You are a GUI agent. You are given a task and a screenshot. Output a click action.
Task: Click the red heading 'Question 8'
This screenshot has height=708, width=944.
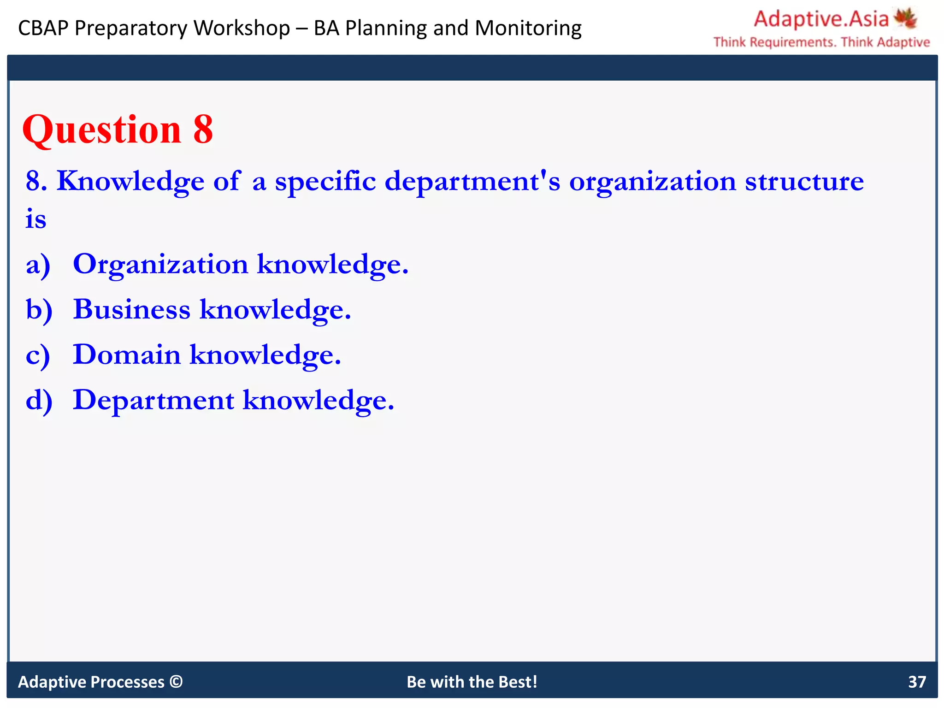pos(118,130)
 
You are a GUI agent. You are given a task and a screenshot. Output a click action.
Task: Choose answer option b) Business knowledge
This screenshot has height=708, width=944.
pos(212,309)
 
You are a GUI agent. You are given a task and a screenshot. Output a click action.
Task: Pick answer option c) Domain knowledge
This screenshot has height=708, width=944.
pos(207,354)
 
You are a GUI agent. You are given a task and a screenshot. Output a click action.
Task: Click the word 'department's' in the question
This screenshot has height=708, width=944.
pos(472,181)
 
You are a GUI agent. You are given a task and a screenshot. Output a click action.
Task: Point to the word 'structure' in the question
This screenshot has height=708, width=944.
pos(804,181)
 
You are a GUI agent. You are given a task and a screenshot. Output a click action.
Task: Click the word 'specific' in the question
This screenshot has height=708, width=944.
pos(325,181)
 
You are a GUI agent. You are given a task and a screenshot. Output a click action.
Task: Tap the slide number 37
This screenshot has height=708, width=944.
pos(917,682)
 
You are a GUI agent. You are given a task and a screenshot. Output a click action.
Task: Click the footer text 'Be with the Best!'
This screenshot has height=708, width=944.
pos(472,682)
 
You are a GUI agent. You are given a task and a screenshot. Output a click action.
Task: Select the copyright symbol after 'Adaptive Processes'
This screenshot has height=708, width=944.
pos(176,681)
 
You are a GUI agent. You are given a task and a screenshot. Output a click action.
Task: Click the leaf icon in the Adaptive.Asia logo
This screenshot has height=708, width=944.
pos(905,18)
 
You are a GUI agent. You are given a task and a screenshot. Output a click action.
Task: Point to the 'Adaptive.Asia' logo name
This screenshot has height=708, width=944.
pos(821,19)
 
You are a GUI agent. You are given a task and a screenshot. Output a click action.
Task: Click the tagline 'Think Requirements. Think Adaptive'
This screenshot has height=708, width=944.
pos(821,42)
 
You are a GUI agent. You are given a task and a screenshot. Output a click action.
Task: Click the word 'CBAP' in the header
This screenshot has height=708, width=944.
pos(43,28)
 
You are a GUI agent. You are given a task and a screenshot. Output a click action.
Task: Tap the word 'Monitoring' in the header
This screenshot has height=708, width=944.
pos(528,28)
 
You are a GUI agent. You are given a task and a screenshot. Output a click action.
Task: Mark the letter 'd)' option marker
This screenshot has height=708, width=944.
pos(39,400)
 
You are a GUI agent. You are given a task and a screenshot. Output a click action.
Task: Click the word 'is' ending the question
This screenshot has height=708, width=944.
pos(35,219)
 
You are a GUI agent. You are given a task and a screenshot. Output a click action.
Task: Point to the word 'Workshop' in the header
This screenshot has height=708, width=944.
pos(242,28)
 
